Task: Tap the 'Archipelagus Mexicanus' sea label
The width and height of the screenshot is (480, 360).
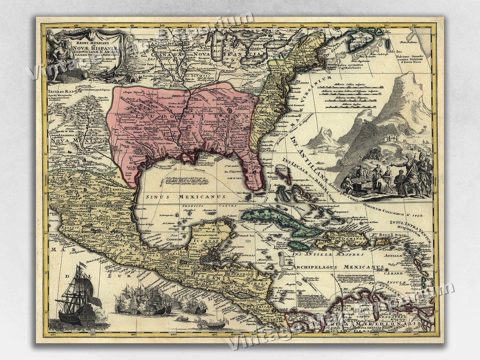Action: [x=338, y=267]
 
